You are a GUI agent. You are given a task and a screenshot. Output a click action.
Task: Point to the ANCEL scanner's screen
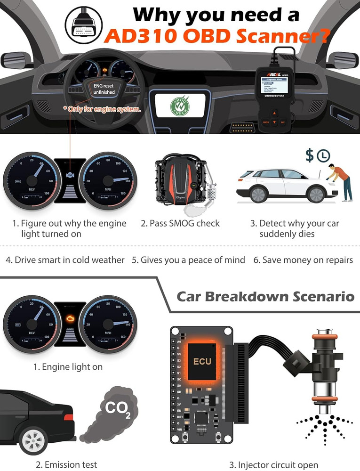point(271,89)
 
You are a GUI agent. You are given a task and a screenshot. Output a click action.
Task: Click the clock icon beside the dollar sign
point(324,156)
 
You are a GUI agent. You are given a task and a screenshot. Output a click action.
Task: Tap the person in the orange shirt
point(341,179)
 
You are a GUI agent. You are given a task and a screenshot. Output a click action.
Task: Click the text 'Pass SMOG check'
point(180,223)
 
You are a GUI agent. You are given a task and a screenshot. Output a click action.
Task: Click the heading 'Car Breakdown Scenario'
point(265,297)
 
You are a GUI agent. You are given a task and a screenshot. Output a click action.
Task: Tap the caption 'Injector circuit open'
point(274,465)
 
